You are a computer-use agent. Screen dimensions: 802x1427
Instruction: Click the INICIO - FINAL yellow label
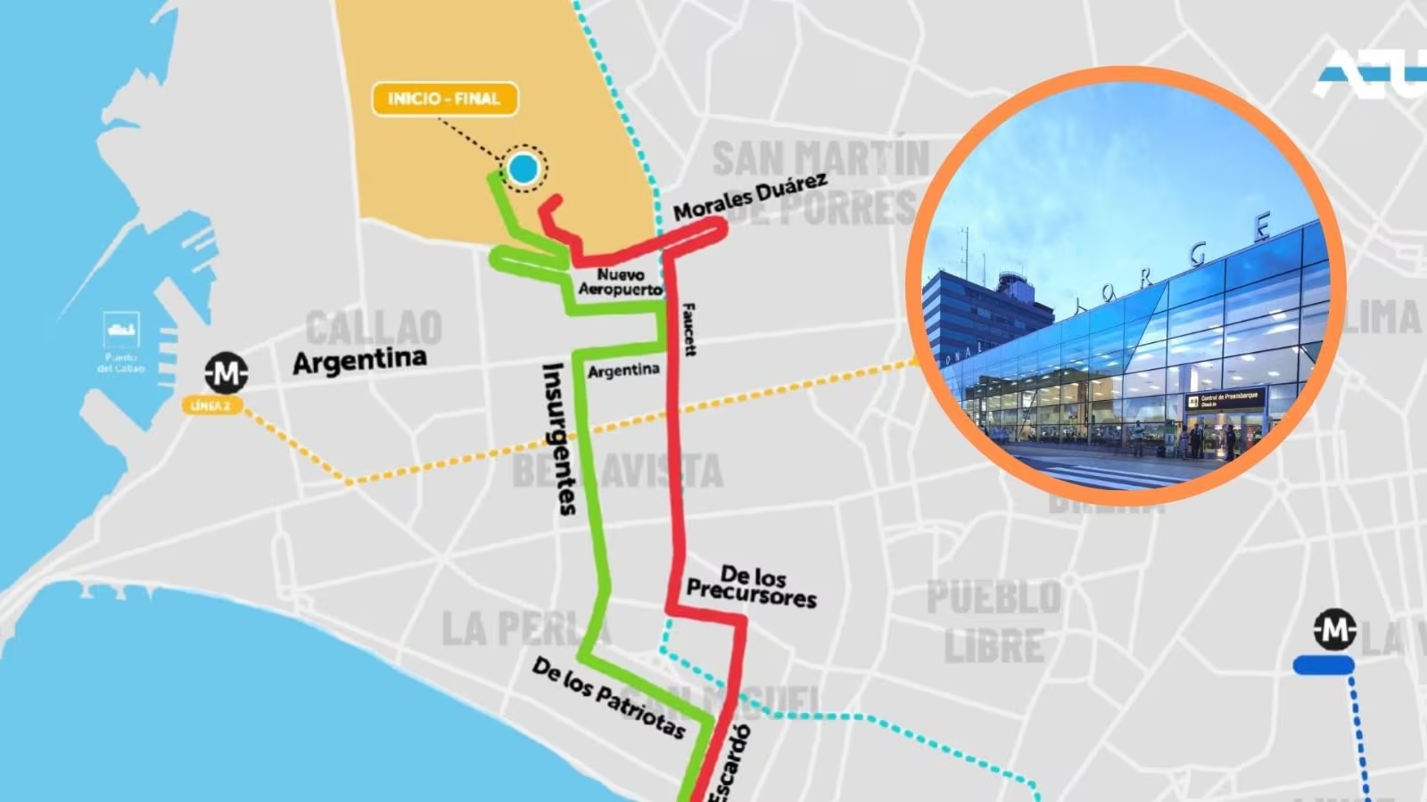pos(444,99)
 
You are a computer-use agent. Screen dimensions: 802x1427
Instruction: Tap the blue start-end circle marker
pos(524,168)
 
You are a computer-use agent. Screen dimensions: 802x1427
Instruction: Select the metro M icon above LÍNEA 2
pos(226,372)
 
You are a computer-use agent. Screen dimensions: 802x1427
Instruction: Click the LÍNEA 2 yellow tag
pos(210,405)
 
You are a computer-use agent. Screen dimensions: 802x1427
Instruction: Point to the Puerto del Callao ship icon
pos(121,330)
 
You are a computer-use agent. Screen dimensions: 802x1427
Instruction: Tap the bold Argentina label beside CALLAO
pos(359,361)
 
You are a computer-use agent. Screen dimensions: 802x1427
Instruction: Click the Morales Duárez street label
pos(749,197)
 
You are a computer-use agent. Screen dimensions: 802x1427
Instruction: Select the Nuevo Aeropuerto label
pos(620,282)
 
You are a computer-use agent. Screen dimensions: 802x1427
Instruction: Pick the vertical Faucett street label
pos(689,330)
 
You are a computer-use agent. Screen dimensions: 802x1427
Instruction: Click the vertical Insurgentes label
pos(560,438)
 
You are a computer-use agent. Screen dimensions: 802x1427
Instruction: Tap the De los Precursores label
pos(751,585)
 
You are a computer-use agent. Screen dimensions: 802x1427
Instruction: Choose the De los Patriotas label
pos(609,698)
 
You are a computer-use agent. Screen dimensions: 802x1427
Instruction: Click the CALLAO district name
pos(374,328)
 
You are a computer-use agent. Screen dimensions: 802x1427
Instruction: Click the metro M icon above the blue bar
pos(1334,629)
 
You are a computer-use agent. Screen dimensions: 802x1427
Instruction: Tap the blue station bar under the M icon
pos(1324,665)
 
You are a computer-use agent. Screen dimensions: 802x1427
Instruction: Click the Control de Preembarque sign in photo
pos(1225,400)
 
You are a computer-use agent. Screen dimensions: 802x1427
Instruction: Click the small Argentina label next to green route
pos(623,370)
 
